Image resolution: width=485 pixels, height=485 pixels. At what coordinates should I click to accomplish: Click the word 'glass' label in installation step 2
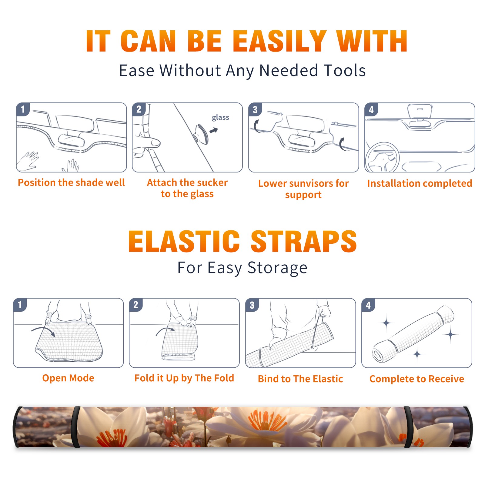click(x=220, y=118)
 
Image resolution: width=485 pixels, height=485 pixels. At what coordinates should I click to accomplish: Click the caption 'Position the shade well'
click(x=71, y=182)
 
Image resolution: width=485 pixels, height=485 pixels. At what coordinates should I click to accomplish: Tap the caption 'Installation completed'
click(x=420, y=183)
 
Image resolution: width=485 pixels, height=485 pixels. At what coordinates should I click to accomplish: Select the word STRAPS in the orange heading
click(x=304, y=241)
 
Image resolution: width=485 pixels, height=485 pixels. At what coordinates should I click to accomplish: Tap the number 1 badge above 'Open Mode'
click(x=20, y=305)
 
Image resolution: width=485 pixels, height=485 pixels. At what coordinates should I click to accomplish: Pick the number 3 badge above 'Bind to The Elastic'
click(x=252, y=305)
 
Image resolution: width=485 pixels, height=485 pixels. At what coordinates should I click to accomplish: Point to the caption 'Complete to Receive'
click(x=417, y=379)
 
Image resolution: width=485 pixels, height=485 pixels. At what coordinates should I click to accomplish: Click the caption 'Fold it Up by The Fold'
click(x=184, y=378)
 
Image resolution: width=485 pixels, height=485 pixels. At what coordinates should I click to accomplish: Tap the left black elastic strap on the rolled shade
click(x=75, y=427)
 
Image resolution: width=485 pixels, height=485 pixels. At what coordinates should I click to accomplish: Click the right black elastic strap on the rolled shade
click(x=408, y=427)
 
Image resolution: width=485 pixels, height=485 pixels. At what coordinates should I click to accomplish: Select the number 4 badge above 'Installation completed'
click(x=371, y=109)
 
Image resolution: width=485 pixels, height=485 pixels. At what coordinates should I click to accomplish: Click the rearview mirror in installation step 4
click(x=420, y=111)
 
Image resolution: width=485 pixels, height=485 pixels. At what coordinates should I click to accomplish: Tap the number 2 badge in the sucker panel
click(x=139, y=109)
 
